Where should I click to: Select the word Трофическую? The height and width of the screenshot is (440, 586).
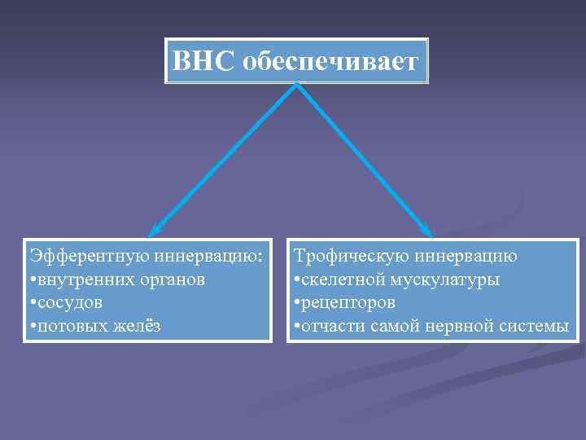(351, 256)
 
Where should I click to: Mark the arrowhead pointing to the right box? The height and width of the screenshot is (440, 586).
(429, 232)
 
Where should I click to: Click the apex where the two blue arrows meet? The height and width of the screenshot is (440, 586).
(296, 86)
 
